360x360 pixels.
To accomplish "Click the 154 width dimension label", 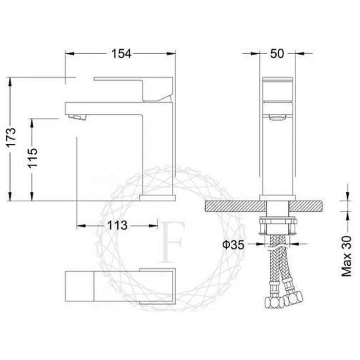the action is [121, 54].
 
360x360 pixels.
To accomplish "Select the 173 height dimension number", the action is [11, 137].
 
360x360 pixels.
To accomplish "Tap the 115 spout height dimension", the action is [33, 158].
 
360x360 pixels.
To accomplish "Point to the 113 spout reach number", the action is [117, 225].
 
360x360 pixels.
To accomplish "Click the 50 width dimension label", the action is [277, 53].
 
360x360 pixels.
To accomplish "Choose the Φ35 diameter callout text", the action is [233, 245].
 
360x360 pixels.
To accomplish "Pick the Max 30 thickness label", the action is [347, 256].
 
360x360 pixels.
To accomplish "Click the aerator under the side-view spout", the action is [77, 117].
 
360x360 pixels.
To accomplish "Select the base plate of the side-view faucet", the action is [157, 198].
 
